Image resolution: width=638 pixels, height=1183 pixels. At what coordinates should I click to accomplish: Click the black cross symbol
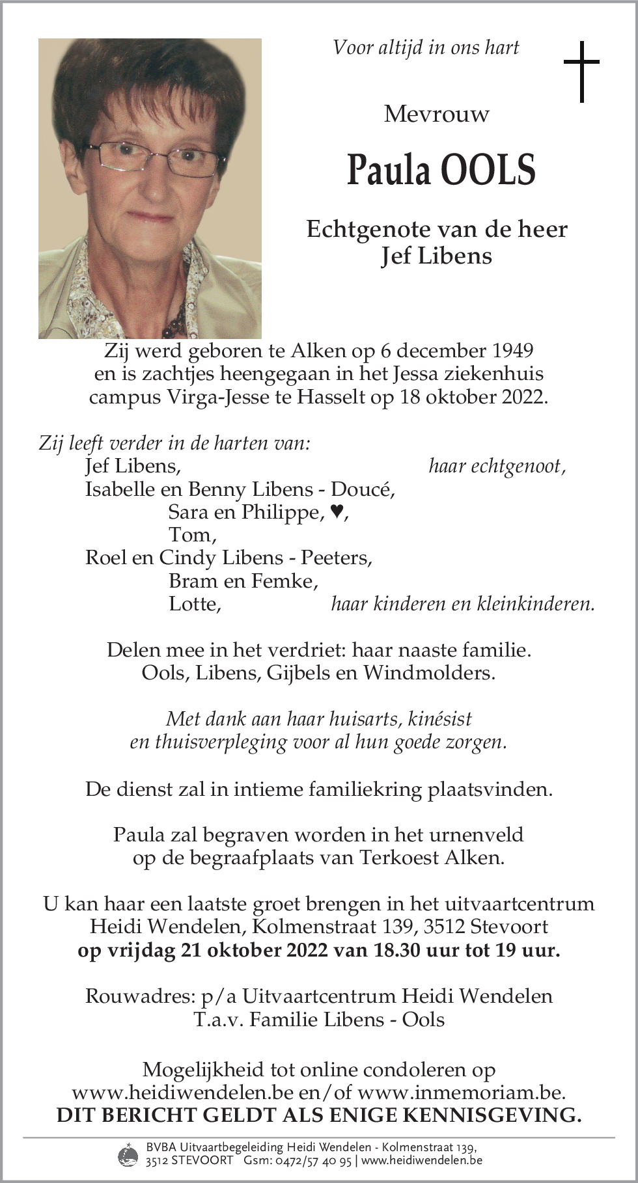[581, 72]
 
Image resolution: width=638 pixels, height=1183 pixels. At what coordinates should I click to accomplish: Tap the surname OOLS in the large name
[488, 170]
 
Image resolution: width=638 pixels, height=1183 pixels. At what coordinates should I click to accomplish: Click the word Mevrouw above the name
[436, 115]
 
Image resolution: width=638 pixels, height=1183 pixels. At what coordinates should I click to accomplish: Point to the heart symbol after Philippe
[336, 512]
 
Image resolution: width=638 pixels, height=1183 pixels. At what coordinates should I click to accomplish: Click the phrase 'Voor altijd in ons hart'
[426, 48]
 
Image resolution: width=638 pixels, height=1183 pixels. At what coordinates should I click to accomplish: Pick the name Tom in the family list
[191, 535]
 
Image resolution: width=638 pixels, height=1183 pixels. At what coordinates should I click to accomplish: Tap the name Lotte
[194, 604]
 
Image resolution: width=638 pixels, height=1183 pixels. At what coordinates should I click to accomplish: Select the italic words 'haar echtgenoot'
[495, 466]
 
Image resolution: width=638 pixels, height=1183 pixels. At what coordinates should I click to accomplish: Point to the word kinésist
[439, 719]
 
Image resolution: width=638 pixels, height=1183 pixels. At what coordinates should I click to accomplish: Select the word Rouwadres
[138, 996]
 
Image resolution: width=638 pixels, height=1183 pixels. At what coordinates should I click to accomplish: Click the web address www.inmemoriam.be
[461, 1093]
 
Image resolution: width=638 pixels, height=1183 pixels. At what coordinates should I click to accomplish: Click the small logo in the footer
[128, 1154]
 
